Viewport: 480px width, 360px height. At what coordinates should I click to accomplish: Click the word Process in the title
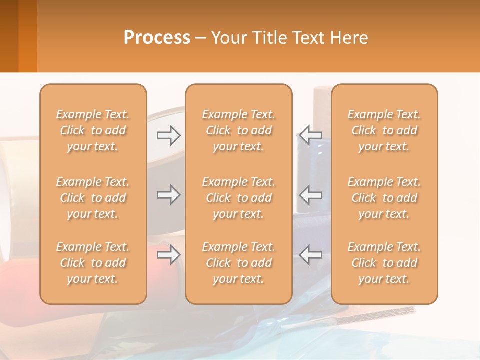click(x=157, y=38)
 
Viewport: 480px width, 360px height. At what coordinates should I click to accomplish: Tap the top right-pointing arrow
click(x=168, y=135)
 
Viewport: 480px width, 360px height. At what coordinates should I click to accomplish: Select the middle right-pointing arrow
click(x=168, y=194)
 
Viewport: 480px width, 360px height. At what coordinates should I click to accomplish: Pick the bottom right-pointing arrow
click(x=168, y=255)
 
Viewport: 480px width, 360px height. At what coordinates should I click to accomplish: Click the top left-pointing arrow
click(x=311, y=135)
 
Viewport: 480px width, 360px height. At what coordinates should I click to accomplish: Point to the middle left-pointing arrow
click(x=311, y=194)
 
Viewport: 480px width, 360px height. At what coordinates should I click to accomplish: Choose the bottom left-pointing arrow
click(x=311, y=255)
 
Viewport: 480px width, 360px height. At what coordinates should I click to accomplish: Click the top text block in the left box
click(x=93, y=130)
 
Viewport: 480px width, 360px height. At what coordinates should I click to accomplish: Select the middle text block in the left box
click(x=93, y=198)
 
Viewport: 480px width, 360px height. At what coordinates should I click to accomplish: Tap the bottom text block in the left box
click(x=93, y=263)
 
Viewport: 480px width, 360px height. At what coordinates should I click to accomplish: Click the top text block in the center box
click(x=239, y=130)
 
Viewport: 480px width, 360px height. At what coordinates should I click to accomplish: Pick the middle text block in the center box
click(x=239, y=198)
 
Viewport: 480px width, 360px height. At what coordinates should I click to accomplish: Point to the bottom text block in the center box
click(x=239, y=263)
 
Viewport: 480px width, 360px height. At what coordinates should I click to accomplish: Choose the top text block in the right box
click(x=384, y=130)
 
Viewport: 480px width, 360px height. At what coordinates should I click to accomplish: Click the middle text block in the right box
click(x=384, y=198)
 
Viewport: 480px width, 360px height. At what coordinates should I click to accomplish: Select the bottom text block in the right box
click(x=384, y=263)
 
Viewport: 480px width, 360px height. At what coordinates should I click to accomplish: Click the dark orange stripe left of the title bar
click(x=27, y=36)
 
